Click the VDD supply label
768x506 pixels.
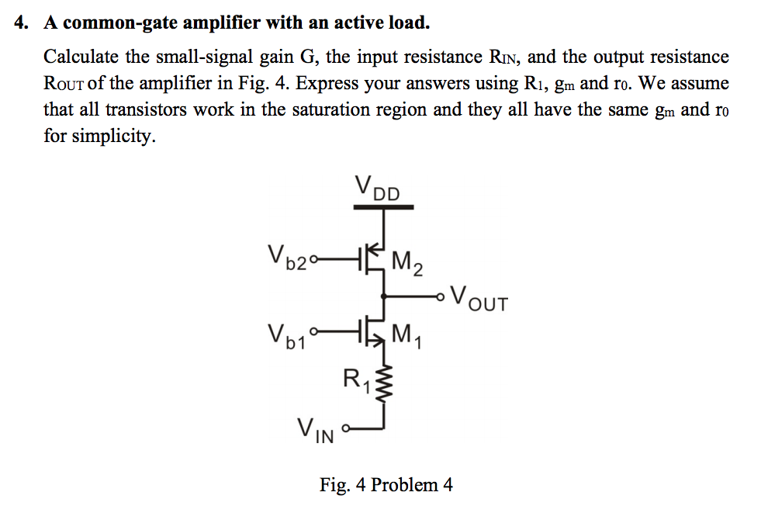click(x=377, y=189)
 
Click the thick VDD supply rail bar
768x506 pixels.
click(x=384, y=207)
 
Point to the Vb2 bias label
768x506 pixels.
click(x=288, y=257)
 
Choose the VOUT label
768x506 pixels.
click(x=479, y=298)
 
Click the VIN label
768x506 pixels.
click(x=316, y=429)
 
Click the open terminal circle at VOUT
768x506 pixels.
click(x=442, y=295)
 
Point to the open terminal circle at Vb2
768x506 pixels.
click(x=315, y=258)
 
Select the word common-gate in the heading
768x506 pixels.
click(x=105, y=23)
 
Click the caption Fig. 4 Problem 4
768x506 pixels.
click(x=386, y=485)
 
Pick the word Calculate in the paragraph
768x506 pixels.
click(x=81, y=57)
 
